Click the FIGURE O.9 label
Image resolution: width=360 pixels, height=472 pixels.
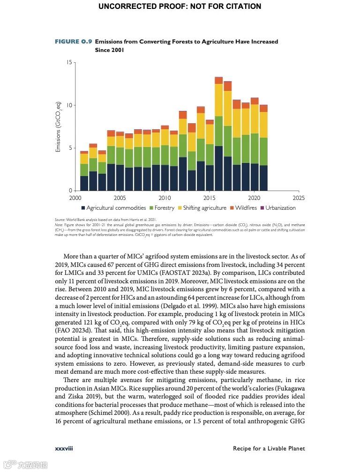pos(73,42)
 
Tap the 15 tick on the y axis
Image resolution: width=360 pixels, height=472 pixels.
pos(69,62)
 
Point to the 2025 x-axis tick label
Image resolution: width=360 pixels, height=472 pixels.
pos(299,198)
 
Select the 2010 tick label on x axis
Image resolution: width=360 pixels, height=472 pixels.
pos(165,198)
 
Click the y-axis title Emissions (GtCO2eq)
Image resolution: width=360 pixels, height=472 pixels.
pos(59,126)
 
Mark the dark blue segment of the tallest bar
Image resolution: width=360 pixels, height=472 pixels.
pos(218,168)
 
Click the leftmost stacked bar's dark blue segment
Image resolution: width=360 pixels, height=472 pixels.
pos(84,183)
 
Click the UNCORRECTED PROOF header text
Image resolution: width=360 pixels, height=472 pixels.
pos(180,7)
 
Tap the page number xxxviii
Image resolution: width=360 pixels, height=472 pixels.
pos(64,449)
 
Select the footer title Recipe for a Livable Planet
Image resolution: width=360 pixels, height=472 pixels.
pos(269,449)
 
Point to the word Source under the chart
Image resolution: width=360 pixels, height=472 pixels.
pos(60,219)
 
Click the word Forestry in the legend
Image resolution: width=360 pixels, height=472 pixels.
pos(164,208)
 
